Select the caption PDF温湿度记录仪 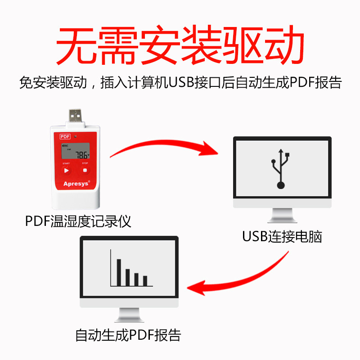pyautogui.click(x=78, y=221)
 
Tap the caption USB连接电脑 pyautogui.click(x=282, y=237)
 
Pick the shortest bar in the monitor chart pyautogui.click(x=145, y=280)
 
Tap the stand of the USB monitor pyautogui.click(x=282, y=216)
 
